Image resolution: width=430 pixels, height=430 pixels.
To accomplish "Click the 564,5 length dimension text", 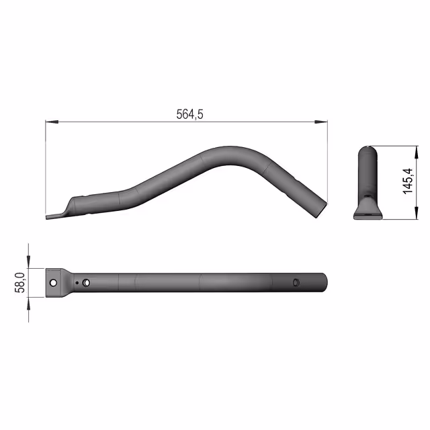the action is [189, 114].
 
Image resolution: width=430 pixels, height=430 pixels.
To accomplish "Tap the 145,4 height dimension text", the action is [408, 181].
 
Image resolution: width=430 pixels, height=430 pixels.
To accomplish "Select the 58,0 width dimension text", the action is [19, 283].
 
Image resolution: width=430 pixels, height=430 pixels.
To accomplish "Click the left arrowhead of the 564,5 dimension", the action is [52, 122].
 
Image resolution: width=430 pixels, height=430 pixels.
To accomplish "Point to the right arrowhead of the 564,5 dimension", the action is [321, 122].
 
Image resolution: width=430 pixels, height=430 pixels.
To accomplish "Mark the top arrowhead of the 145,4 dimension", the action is [417, 153].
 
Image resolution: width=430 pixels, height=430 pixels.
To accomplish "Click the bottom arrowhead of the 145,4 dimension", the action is [417, 213].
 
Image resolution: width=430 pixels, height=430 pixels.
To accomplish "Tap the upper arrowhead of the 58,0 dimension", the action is [28, 262].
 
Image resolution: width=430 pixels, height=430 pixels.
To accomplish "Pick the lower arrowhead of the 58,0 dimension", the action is [28, 304].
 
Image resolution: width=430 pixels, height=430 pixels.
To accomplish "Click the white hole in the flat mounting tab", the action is [53, 283].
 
